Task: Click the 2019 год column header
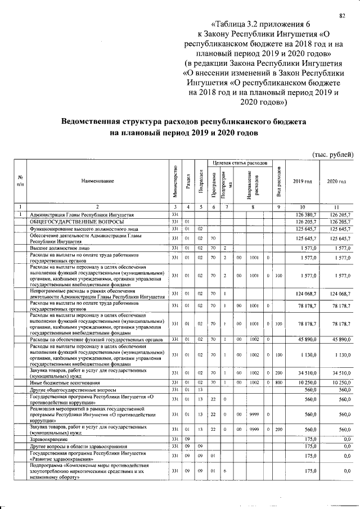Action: point(302,181)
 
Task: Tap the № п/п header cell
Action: point(20,181)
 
